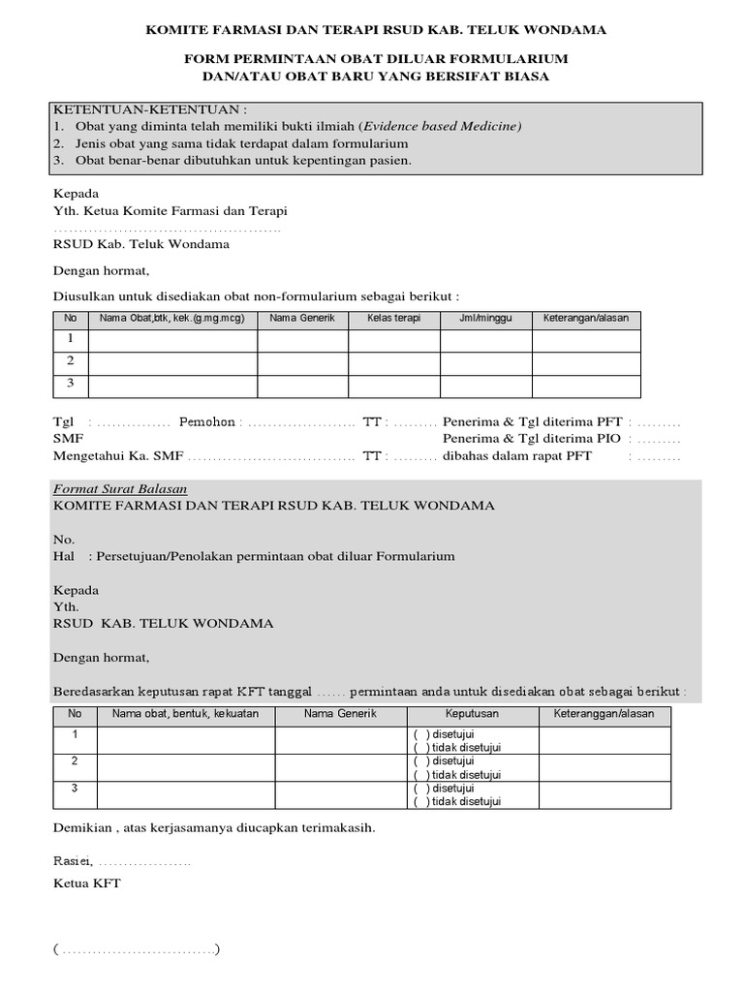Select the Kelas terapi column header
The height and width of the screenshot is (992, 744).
point(393,319)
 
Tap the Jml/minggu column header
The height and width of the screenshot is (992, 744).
point(485,319)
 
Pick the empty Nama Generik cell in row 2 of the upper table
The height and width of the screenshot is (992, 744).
point(302,362)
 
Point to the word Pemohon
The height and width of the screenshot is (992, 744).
point(206,422)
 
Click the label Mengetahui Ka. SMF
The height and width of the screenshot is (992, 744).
point(117,455)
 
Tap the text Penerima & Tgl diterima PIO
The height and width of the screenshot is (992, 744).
point(532,439)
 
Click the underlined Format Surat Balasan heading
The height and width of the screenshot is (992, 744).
point(120,489)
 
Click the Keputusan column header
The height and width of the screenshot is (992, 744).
point(472,714)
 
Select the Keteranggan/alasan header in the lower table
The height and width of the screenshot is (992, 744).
point(604,714)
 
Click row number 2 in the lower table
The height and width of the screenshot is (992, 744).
point(75,761)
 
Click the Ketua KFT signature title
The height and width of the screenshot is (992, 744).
point(87,883)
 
